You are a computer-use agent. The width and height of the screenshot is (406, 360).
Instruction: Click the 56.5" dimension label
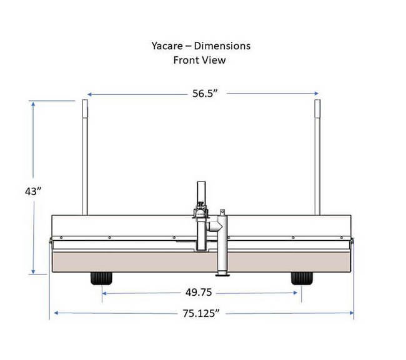coord(204,94)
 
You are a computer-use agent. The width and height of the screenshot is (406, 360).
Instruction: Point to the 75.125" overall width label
coord(202,313)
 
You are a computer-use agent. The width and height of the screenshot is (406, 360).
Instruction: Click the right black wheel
coord(302,278)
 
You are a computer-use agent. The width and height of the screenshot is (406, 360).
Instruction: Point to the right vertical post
coord(317,156)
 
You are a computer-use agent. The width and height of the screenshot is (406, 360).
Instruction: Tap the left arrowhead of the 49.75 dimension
coord(104,292)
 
